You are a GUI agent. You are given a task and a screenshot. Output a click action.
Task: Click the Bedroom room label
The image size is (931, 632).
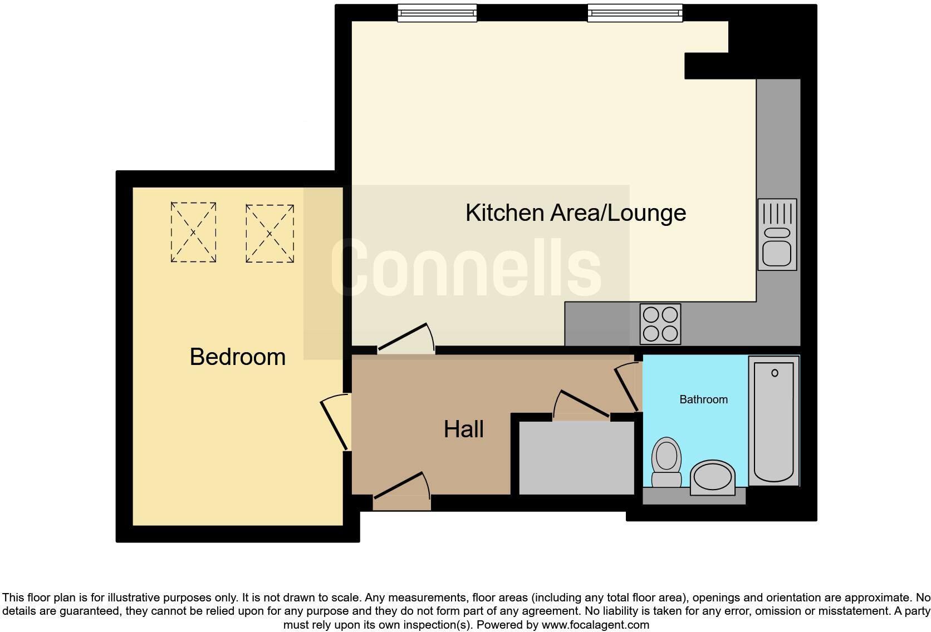(x=237, y=357)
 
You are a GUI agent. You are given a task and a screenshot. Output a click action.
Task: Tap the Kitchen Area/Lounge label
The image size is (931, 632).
(x=575, y=213)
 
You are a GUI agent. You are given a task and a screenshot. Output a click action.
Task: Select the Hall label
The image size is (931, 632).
(x=463, y=429)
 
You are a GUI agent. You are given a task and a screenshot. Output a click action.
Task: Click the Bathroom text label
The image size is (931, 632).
(x=703, y=399)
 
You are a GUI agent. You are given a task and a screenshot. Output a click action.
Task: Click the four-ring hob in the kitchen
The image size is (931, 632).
(x=660, y=324)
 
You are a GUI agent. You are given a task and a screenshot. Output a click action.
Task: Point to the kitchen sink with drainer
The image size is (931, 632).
(x=777, y=234)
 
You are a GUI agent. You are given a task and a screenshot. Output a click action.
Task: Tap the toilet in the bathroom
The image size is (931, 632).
(x=667, y=462)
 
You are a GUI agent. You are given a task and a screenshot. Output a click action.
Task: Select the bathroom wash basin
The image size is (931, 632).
(x=712, y=477)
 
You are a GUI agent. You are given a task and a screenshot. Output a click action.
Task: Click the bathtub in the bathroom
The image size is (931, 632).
(x=773, y=421)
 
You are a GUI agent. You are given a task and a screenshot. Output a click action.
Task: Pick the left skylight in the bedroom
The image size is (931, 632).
(x=193, y=233)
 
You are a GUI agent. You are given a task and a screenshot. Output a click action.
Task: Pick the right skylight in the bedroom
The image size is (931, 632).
(x=269, y=234)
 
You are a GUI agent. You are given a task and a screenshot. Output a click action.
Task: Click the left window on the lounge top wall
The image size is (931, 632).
(x=437, y=13)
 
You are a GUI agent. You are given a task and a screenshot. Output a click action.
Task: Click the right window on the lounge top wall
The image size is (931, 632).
(x=635, y=13)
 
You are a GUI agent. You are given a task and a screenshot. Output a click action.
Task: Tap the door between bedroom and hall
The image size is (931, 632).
(x=336, y=423)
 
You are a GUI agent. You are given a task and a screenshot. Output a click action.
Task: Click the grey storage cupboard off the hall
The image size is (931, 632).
(x=576, y=457)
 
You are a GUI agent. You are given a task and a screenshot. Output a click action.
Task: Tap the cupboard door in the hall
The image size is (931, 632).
(x=582, y=405)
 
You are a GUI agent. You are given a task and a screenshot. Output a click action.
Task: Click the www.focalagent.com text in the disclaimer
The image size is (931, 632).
(x=595, y=625)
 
